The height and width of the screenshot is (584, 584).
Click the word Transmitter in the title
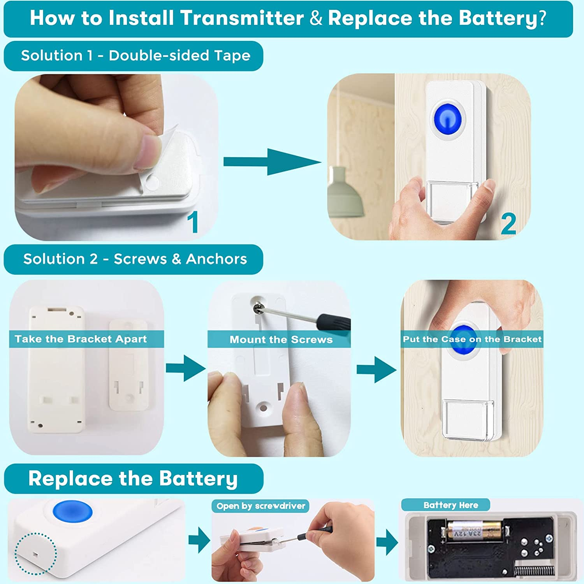tap(241, 18)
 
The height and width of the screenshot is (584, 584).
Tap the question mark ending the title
tap(542, 18)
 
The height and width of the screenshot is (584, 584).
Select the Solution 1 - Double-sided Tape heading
tap(135, 56)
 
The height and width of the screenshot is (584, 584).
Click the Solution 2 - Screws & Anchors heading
tap(135, 259)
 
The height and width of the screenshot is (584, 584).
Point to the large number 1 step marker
tap(193, 222)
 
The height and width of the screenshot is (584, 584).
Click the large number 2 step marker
tap(508, 224)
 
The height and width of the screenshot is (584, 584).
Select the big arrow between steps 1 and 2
tap(273, 162)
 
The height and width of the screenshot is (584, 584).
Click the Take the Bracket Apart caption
tap(81, 339)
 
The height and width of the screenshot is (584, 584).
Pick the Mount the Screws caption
tap(281, 339)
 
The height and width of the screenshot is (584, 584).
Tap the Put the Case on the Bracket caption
tap(472, 339)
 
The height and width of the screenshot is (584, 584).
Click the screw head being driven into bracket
tap(258, 308)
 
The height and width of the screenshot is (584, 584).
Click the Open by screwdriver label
tap(261, 506)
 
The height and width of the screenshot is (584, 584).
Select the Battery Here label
tap(450, 505)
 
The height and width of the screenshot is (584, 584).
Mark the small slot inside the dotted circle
tap(35, 554)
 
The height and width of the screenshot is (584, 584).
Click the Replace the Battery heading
tap(133, 478)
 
